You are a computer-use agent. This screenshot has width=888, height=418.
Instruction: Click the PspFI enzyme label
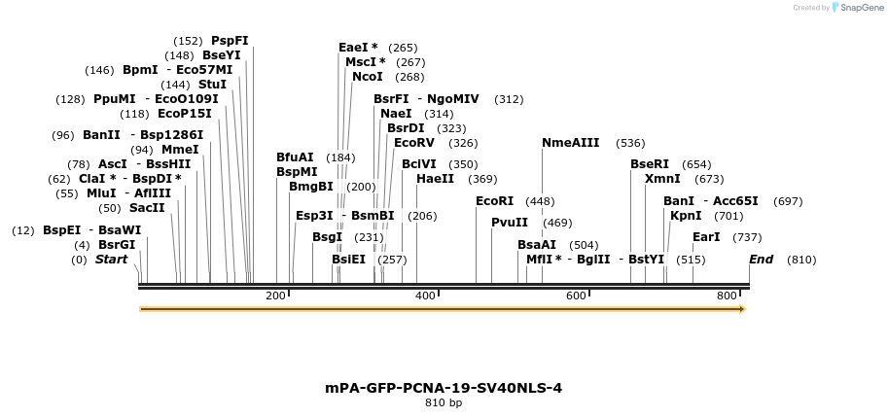(x=230, y=41)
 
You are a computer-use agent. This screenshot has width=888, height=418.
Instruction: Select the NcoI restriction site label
(x=368, y=77)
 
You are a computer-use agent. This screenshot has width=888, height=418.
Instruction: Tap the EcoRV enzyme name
(x=414, y=143)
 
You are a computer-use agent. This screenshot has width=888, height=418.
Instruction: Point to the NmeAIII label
(x=571, y=143)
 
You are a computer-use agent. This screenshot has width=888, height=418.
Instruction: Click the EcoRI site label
(x=494, y=201)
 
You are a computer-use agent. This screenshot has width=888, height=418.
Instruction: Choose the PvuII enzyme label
(x=510, y=223)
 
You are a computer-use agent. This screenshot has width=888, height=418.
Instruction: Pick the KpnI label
(x=686, y=216)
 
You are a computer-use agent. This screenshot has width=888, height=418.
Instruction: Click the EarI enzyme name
(x=706, y=237)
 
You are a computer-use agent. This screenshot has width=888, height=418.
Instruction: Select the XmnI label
(x=662, y=179)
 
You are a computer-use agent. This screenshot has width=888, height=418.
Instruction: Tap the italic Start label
(x=111, y=260)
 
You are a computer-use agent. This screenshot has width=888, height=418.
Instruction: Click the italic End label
(x=761, y=260)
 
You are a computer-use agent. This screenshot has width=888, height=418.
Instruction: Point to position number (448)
(x=540, y=201)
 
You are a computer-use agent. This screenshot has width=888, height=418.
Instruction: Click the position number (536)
(x=630, y=143)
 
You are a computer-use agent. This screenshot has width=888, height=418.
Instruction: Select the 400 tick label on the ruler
(x=425, y=296)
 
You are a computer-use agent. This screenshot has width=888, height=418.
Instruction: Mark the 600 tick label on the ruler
(x=577, y=296)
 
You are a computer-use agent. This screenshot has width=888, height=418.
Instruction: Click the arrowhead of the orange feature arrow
(x=741, y=309)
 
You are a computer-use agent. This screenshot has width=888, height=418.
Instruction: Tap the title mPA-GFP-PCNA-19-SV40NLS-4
(x=444, y=388)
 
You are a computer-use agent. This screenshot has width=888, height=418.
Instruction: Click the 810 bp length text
(x=444, y=402)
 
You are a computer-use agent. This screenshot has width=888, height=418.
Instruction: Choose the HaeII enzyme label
(x=435, y=179)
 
